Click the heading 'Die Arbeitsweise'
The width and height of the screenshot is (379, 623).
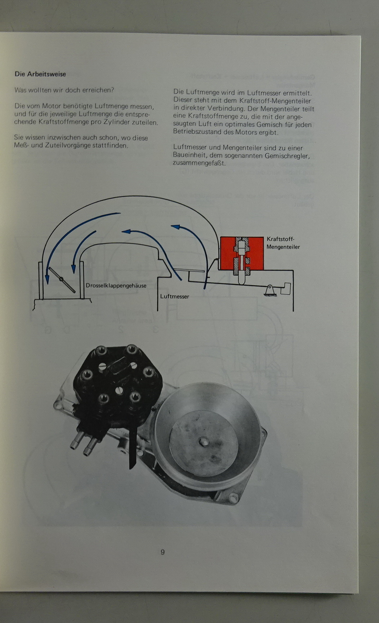(40, 74)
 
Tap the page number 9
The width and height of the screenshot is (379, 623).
(162, 552)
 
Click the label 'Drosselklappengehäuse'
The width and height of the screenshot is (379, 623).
(116, 286)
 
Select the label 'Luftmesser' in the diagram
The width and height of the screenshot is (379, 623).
(175, 296)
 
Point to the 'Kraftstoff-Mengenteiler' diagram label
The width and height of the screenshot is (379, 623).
(283, 243)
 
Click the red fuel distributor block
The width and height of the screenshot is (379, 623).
(242, 253)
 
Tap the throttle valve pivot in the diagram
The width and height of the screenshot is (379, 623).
(61, 279)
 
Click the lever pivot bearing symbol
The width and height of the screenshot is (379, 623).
(270, 291)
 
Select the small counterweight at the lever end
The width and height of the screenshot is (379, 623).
(285, 288)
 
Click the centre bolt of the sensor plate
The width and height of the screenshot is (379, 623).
(203, 442)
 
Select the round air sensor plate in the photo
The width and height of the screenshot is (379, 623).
(203, 443)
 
